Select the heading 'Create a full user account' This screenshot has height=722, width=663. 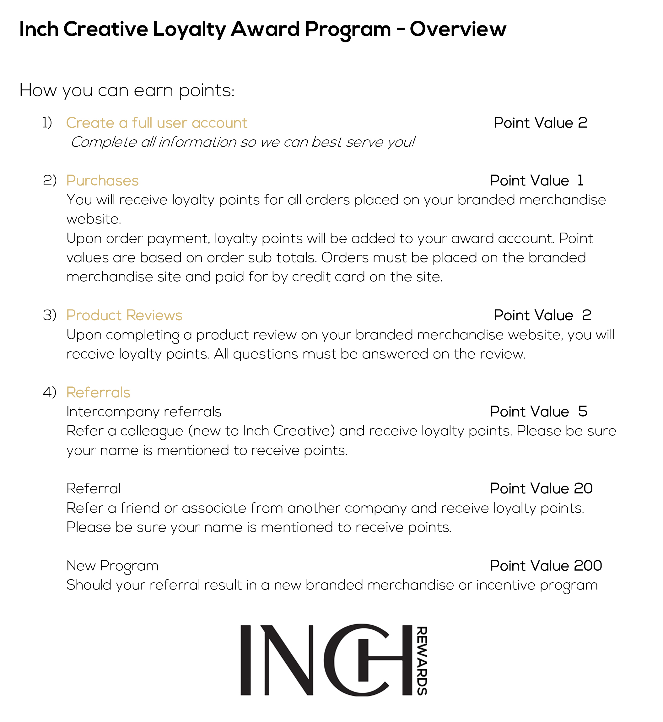(x=156, y=123)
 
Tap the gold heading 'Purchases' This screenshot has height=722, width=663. (x=102, y=181)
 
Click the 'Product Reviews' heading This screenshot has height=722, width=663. (x=124, y=315)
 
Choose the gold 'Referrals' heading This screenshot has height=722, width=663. (x=98, y=392)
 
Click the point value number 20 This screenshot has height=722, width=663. (x=583, y=488)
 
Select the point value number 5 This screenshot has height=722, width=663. (x=583, y=412)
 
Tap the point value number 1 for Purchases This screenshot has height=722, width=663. (x=580, y=180)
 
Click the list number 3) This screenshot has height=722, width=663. (x=50, y=315)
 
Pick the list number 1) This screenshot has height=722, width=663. (x=47, y=123)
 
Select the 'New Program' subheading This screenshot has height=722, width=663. (x=112, y=566)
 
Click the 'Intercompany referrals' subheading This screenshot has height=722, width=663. (x=143, y=412)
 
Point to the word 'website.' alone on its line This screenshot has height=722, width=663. (x=94, y=219)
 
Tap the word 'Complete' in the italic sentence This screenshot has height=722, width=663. (x=103, y=143)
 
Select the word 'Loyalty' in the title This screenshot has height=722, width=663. (x=189, y=30)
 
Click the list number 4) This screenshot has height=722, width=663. (x=50, y=392)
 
